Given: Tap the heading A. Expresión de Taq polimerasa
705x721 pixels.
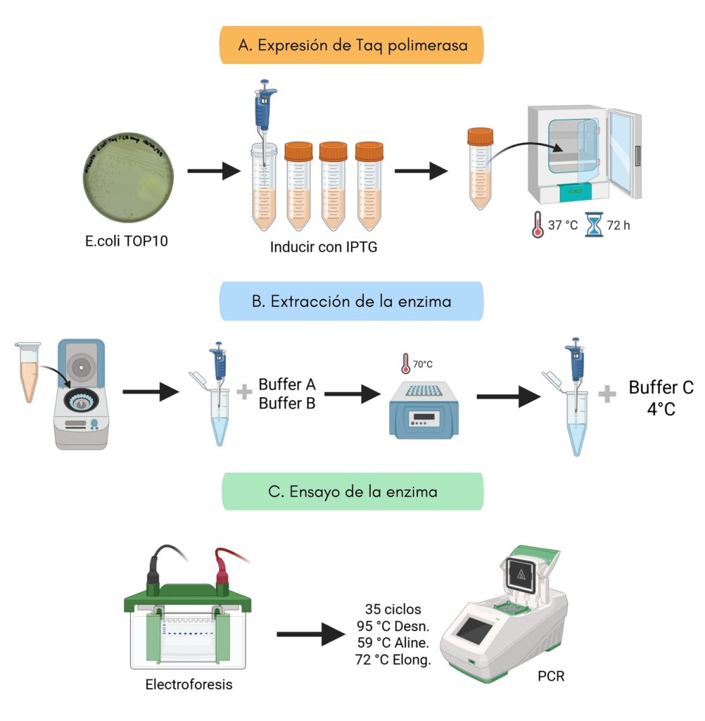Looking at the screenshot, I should pyautogui.click(x=352, y=45).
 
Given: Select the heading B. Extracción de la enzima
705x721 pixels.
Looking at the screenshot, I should pyautogui.click(x=352, y=301).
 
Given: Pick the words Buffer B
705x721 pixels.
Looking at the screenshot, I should pyautogui.click(x=287, y=403).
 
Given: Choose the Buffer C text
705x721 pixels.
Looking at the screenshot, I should pyautogui.click(x=661, y=387).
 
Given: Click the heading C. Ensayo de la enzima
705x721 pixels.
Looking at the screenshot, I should pyautogui.click(x=352, y=491).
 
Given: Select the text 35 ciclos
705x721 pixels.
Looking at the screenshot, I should pyautogui.click(x=394, y=608).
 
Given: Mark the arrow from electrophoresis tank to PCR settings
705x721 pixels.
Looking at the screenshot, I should pyautogui.click(x=307, y=636).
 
